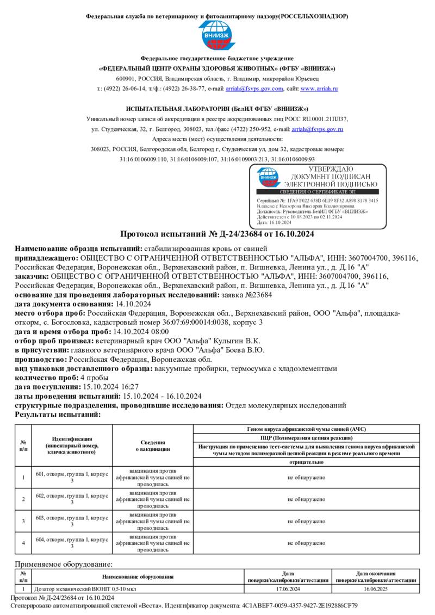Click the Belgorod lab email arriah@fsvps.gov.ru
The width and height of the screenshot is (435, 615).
[x=317, y=129]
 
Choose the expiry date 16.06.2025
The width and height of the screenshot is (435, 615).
[x=376, y=588]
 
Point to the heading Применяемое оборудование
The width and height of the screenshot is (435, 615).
[x=63, y=564]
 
